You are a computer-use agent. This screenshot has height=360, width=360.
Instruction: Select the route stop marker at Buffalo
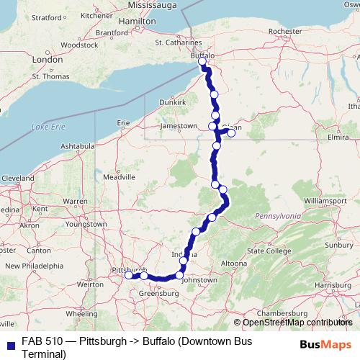point(202,63)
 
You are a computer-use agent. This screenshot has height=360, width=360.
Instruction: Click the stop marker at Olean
point(231,132)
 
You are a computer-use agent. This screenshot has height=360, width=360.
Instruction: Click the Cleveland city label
point(17,177)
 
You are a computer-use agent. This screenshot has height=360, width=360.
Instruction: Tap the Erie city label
point(123,122)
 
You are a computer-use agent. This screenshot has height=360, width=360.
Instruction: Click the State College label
point(266,251)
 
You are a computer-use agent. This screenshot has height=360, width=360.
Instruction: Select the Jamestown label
point(179,126)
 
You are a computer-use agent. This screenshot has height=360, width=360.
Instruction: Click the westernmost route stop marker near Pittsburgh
point(128,275)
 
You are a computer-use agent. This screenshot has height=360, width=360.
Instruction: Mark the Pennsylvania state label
point(276,215)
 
